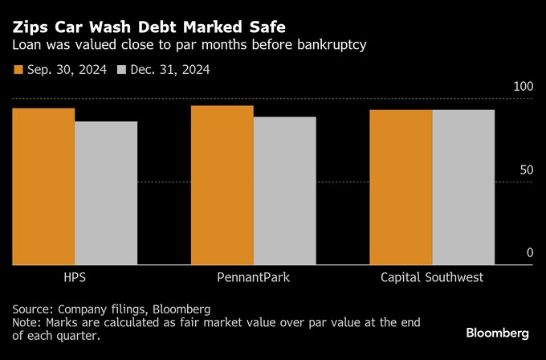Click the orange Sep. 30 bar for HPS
pyautogui.click(x=43, y=186)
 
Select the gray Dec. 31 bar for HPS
pyautogui.click(x=106, y=193)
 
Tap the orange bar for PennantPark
pyautogui.click(x=222, y=185)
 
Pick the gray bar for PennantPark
pyautogui.click(x=284, y=190)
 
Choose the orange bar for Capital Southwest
pyautogui.click(x=401, y=187)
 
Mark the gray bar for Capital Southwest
pyautogui.click(x=463, y=187)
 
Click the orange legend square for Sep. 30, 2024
pyautogui.click(x=18, y=70)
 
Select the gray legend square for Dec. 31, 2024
pyautogui.click(x=123, y=70)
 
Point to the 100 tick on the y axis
pyautogui.click(x=523, y=86)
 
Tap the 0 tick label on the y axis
pyautogui.click(x=530, y=253)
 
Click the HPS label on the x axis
pyautogui.click(x=75, y=277)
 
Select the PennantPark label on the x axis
pyautogui.click(x=253, y=277)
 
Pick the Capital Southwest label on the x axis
pyautogui.click(x=432, y=277)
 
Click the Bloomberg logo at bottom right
pyautogui.click(x=498, y=333)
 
